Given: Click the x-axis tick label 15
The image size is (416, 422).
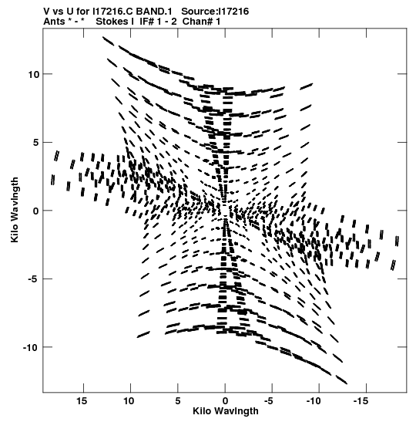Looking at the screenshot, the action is coord(82,401).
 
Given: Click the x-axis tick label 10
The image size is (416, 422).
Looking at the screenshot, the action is coord(129,401).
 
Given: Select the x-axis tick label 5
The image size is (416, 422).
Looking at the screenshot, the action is coord(178,401).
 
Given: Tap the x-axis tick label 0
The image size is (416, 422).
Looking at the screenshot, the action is coord(225,401).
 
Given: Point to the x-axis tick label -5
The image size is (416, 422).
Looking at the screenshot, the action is coord(269,401).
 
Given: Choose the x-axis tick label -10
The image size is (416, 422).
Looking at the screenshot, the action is coord(314,401).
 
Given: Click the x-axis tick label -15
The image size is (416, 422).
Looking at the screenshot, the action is coord(361,401).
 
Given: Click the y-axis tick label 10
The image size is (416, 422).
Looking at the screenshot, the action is coord(34,75).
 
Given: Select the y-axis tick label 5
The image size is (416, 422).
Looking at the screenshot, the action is coord(36,143).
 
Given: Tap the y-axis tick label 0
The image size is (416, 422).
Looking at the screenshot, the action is coord(36,211).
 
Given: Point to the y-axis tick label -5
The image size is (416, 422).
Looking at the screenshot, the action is coord(33,279).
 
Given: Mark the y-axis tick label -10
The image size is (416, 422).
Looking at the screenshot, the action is coord(31,347).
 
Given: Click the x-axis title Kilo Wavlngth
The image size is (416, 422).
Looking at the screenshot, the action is coord(226,411).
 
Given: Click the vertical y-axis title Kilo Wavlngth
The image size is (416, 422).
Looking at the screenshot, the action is coord(15,210).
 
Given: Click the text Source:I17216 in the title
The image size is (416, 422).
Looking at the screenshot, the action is coord(215,12).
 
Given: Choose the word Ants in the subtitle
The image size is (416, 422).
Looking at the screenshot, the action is coord(54,22).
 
